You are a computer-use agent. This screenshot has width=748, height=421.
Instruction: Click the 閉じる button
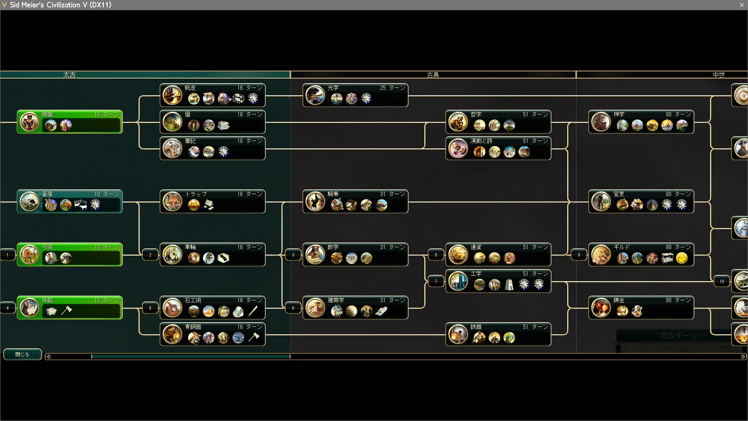click(22, 354)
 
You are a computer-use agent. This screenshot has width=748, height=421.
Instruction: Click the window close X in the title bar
click(741, 5)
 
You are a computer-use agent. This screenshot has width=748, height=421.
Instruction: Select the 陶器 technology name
click(48, 114)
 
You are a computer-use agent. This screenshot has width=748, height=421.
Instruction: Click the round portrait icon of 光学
click(315, 95)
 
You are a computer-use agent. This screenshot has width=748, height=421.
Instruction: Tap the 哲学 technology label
click(476, 114)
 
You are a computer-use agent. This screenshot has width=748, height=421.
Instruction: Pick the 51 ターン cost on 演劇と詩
click(535, 141)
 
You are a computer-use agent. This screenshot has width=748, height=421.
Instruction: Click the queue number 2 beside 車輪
click(150, 255)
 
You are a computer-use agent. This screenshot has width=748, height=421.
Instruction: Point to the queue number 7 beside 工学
click(436, 281)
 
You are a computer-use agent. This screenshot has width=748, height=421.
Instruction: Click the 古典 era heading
click(433, 75)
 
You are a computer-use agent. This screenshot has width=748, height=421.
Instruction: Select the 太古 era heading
click(69, 75)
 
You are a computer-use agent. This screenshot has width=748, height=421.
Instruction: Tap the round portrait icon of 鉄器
click(458, 334)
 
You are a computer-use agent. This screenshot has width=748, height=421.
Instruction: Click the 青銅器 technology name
click(193, 327)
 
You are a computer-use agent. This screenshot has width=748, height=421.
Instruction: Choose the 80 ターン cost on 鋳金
click(678, 300)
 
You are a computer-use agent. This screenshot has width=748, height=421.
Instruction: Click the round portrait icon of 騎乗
click(315, 202)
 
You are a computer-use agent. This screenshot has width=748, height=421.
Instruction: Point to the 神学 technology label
click(619, 114)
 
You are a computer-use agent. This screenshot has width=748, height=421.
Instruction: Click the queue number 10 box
click(722, 281)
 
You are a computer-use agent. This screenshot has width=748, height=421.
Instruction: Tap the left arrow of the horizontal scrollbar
click(48, 356)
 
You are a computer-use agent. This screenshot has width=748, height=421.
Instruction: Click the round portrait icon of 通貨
click(458, 255)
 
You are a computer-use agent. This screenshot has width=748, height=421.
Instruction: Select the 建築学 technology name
click(336, 300)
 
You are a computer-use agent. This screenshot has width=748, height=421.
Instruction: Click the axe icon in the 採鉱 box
click(67, 310)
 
